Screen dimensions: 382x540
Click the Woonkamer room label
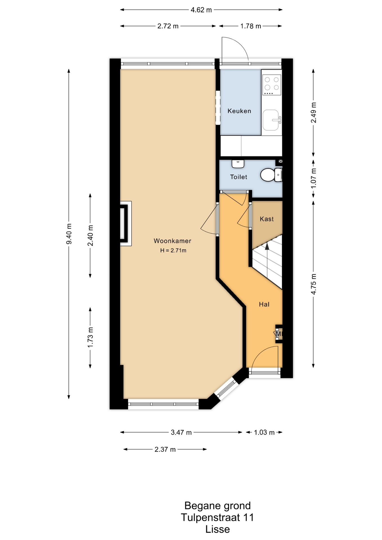172,241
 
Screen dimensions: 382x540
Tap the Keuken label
239,111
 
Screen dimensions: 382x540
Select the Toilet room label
239,177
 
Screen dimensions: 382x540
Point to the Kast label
267,219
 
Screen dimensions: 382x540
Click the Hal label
264,304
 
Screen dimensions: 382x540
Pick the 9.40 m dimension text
69,234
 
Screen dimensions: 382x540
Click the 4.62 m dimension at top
201,10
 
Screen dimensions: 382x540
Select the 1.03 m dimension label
264,432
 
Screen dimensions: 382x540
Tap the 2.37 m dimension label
165,449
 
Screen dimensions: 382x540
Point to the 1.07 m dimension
313,178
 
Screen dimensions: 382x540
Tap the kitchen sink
272,120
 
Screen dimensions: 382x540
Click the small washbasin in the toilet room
238,163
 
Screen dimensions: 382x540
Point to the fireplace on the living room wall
126,224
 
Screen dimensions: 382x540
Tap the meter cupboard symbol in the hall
278,334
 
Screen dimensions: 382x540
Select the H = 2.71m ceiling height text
173,250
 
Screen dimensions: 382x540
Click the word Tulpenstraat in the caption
210,517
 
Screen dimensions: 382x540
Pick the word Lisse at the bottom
217,529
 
